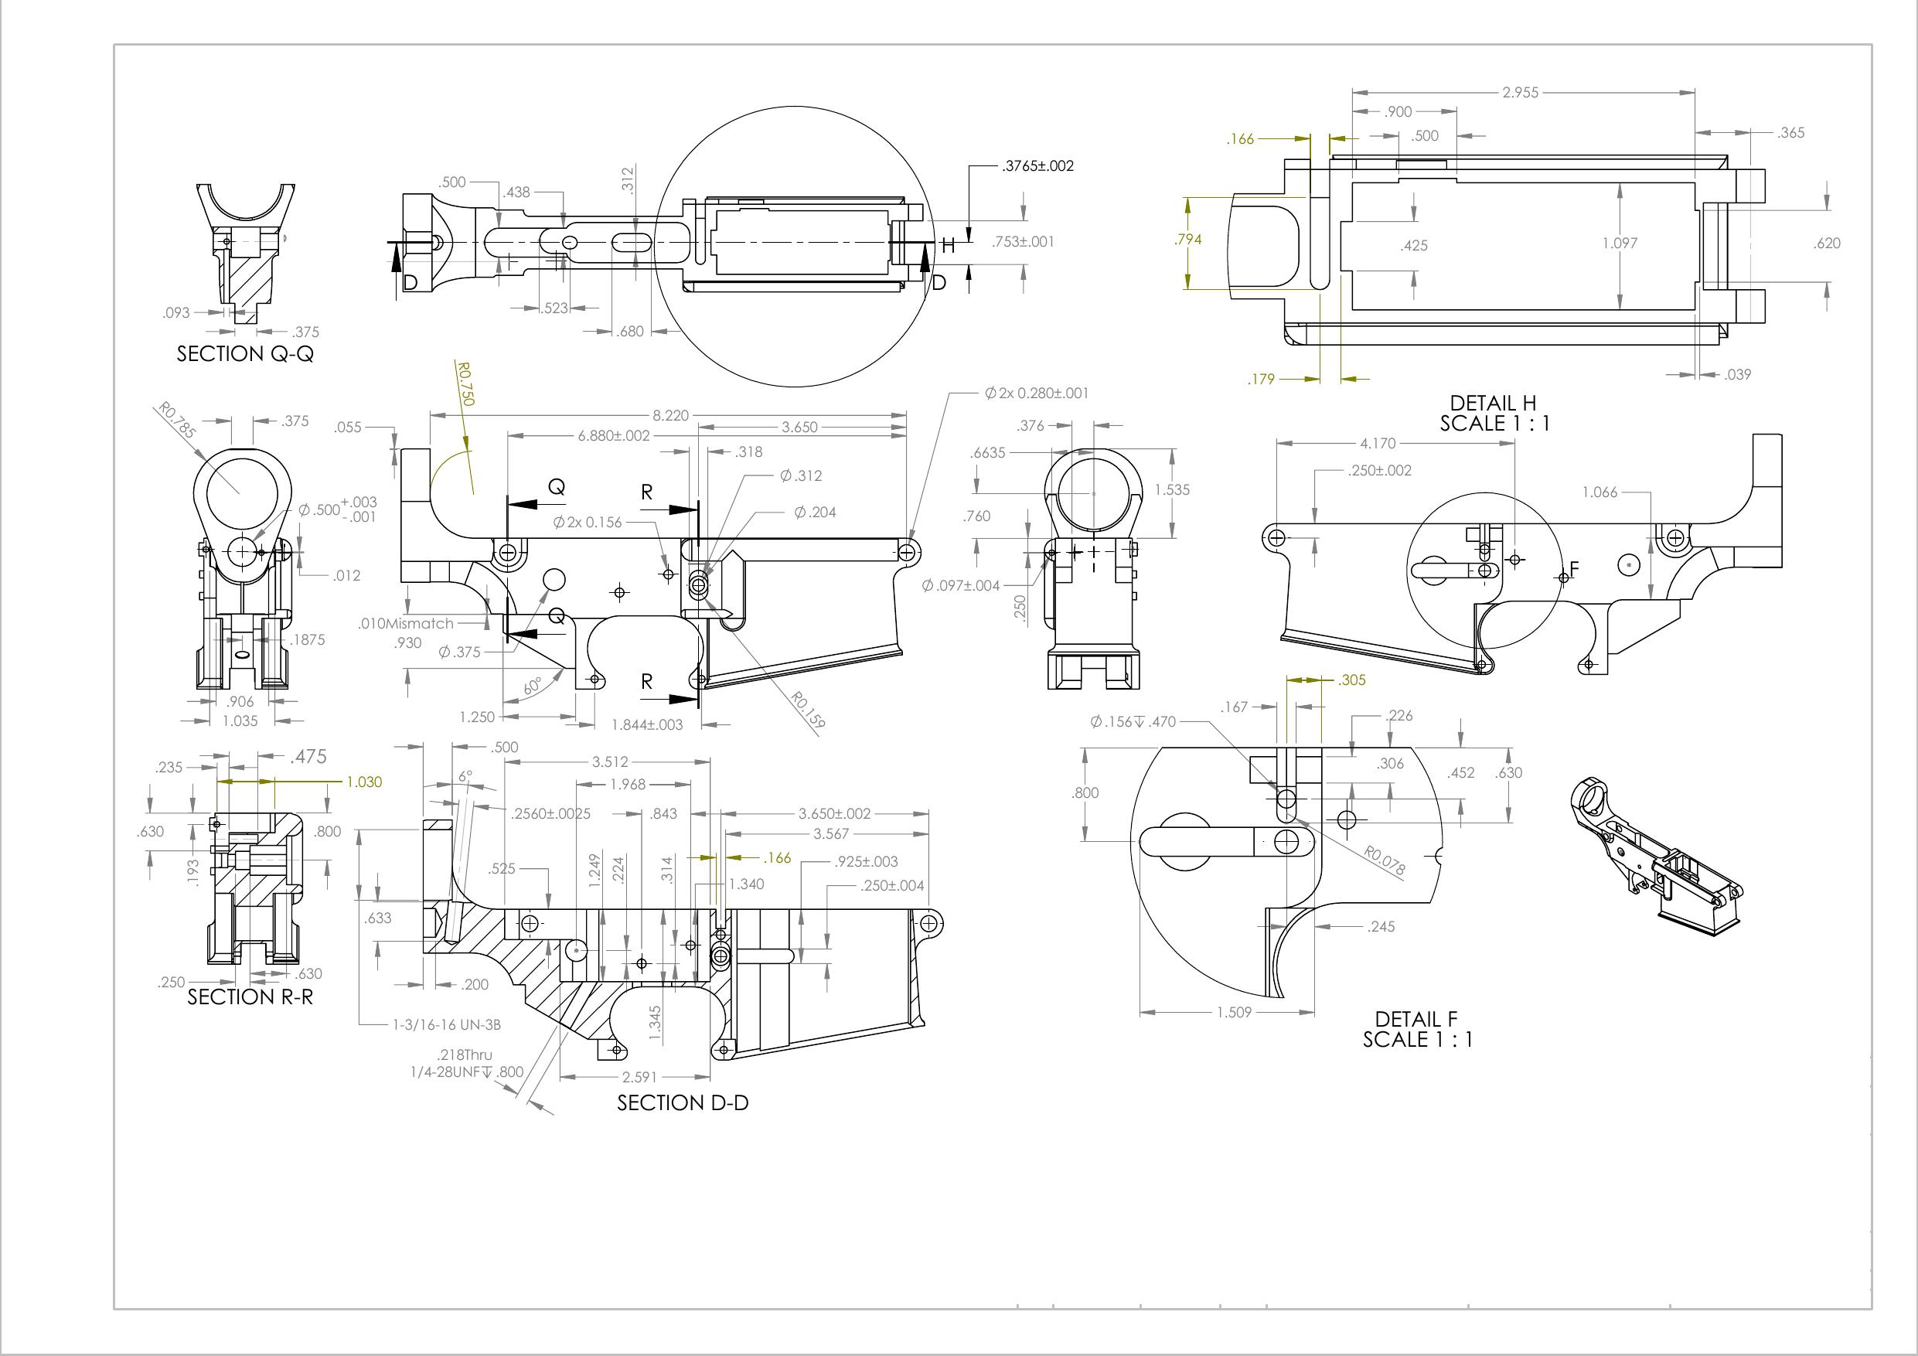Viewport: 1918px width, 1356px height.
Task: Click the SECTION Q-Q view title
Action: click(x=245, y=353)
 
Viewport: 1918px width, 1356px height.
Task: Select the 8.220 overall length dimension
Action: click(x=670, y=415)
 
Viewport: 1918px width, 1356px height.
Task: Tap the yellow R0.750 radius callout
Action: click(x=465, y=383)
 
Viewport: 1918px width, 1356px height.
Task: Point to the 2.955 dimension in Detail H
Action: click(x=1520, y=93)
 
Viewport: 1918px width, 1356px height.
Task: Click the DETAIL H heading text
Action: click(x=1492, y=404)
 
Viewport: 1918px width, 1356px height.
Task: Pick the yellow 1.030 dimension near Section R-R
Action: click(x=363, y=782)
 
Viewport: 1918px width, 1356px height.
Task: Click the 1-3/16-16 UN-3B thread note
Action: click(x=447, y=1024)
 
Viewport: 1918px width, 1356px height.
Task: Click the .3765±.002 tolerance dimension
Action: click(x=1037, y=165)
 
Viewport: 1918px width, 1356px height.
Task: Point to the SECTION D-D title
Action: click(x=683, y=1103)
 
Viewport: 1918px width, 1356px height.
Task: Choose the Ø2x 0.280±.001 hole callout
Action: click(x=1036, y=393)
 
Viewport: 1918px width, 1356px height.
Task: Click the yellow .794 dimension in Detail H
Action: click(x=1188, y=240)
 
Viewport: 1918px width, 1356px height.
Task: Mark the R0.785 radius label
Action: click(x=176, y=421)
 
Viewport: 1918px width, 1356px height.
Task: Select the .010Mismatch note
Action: click(x=405, y=623)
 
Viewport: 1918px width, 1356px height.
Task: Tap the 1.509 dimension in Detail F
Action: click(x=1234, y=1012)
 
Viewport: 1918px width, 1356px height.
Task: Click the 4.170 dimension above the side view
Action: click(x=1377, y=444)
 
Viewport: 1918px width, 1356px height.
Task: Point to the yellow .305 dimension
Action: click(x=1351, y=680)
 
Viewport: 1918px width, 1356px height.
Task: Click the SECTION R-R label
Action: click(x=250, y=997)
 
